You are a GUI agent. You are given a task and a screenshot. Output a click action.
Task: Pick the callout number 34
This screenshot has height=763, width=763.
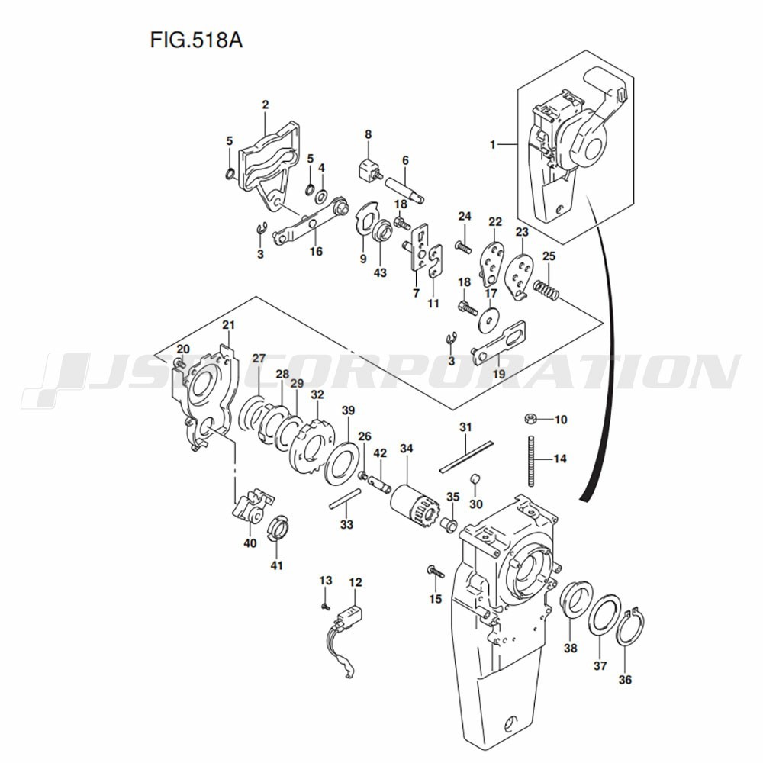coord(407,449)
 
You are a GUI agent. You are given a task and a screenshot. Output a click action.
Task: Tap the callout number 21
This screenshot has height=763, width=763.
coord(227,326)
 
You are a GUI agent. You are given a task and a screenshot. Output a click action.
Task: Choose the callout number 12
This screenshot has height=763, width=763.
coord(356,582)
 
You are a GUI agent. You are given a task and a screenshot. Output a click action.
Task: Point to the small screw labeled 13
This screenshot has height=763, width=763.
coord(325,605)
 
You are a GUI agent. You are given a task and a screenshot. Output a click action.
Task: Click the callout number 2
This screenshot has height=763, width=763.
coord(265,105)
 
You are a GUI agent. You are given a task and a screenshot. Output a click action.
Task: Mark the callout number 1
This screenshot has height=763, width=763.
coord(493,143)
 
